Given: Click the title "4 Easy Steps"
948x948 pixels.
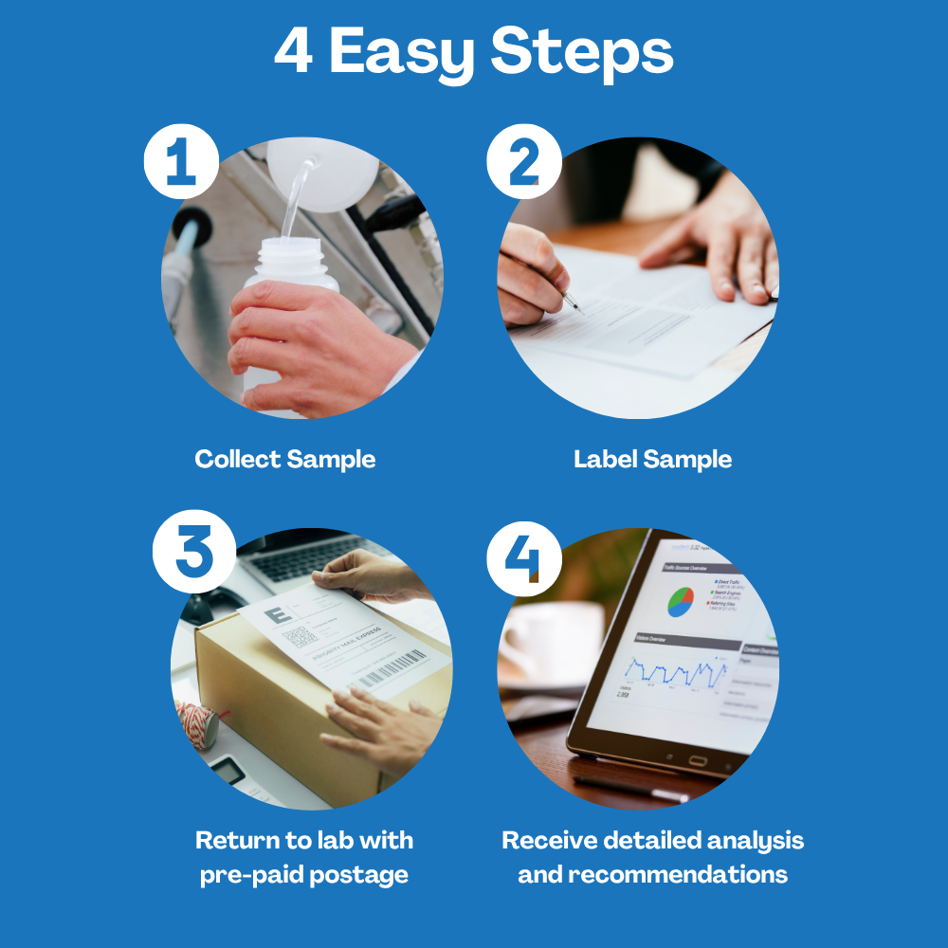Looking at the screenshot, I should pos(474,54).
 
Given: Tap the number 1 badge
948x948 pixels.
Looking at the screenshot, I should pos(181,160).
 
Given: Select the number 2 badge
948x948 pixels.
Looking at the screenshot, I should pos(524,160).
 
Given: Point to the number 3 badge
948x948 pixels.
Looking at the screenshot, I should pos(193,553).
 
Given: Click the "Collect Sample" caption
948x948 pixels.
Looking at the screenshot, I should pos(284,460).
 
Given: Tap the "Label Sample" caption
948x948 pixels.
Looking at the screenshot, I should pos(652,460).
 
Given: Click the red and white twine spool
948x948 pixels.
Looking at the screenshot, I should pos(200,725).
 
